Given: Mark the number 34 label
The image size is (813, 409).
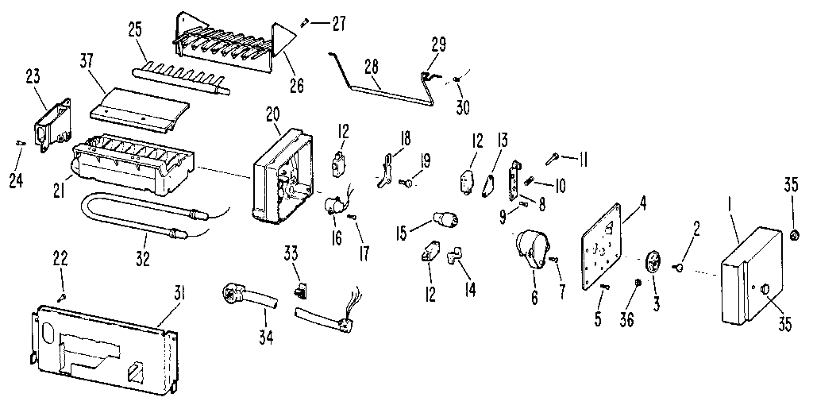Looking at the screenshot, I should point(264,338).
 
